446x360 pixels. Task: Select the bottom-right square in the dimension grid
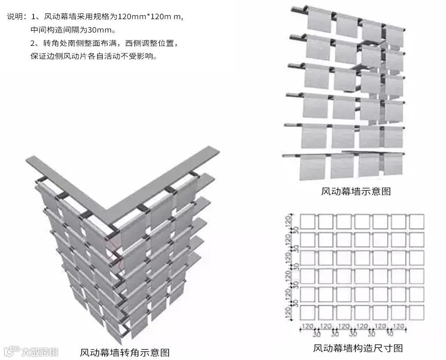[416, 313]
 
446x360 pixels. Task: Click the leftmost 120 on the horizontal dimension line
[307, 327]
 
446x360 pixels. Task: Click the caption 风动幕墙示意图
[356, 192]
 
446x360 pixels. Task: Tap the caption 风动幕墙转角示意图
[124, 352]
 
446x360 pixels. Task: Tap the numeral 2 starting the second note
[33, 44]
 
